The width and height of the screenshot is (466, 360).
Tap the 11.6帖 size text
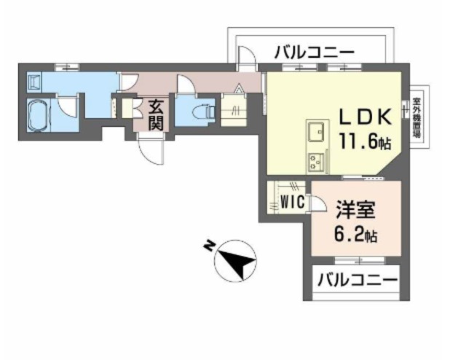tap(366, 141)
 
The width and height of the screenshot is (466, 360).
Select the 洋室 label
tap(355, 211)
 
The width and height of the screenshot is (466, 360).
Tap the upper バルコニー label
tap(314, 52)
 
